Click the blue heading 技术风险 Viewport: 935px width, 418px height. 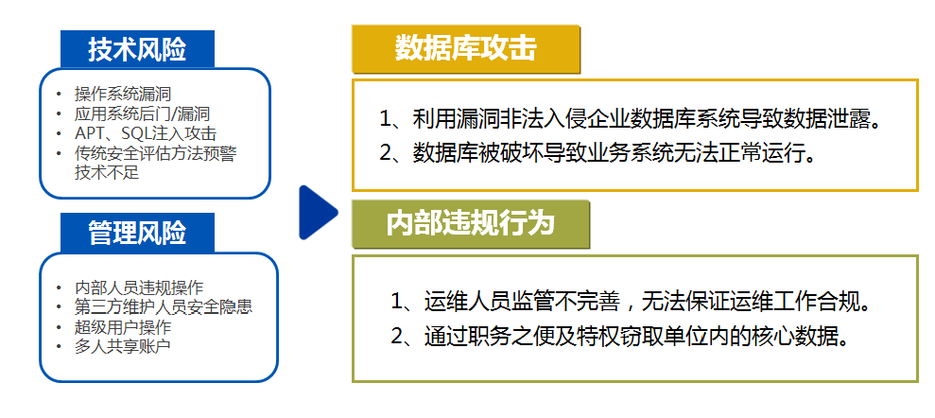pyautogui.click(x=137, y=49)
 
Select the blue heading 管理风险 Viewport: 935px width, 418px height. pyautogui.click(x=137, y=232)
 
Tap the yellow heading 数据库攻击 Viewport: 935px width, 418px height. pyautogui.click(x=466, y=48)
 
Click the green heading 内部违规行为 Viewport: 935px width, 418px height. pyautogui.click(x=471, y=223)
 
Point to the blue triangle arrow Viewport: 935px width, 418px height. pyautogui.click(x=318, y=212)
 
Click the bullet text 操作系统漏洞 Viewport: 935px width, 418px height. pyautogui.click(x=123, y=94)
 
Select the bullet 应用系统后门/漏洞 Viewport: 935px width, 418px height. pyautogui.click(x=142, y=113)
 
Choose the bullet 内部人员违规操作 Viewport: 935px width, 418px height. pyautogui.click(x=139, y=287)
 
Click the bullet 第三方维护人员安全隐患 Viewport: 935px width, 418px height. pyautogui.click(x=164, y=306)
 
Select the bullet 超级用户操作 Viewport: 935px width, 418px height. pyautogui.click(x=123, y=326)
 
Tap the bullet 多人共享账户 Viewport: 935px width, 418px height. pyautogui.click(x=123, y=346)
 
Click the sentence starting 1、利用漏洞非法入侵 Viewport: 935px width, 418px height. pyautogui.click(x=631, y=119)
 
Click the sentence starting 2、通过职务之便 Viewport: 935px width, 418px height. pyautogui.click(x=620, y=338)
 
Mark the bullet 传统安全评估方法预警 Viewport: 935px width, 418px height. pyautogui.click(x=156, y=153)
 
